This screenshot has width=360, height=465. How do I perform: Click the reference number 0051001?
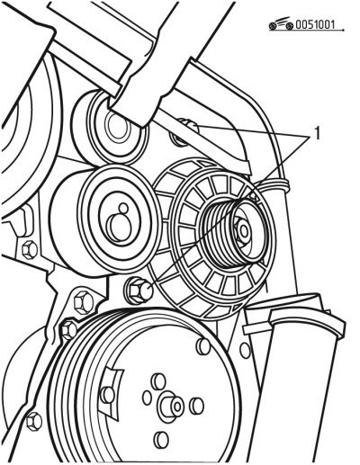tap(315, 24)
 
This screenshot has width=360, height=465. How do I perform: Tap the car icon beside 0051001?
tap(281, 24)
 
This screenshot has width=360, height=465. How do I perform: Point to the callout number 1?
tap(317, 133)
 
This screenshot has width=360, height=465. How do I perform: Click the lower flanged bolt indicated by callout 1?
tap(139, 290)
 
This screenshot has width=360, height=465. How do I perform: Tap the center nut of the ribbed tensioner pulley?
tap(242, 231)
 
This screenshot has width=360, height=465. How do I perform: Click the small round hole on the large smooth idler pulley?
tap(123, 208)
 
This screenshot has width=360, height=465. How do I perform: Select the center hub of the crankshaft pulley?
tap(172, 406)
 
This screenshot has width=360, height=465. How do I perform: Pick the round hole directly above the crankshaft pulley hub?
tap(157, 381)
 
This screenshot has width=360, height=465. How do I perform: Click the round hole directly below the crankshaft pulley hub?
tap(161, 440)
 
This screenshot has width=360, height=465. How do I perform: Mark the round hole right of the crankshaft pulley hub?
tap(196, 407)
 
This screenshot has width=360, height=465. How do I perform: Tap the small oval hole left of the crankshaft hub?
tap(147, 398)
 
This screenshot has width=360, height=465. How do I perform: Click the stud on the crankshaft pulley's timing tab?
tap(107, 395)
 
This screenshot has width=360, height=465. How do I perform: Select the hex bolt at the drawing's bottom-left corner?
tap(34, 421)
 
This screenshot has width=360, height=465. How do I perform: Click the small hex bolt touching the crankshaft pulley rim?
tap(69, 329)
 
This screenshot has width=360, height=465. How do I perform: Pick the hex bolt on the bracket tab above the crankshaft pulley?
tap(84, 302)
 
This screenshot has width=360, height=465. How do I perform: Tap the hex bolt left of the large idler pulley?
tap(30, 250)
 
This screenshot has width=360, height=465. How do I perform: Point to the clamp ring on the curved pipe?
tap(274, 185)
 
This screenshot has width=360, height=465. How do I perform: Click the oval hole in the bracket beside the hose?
tap(245, 350)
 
